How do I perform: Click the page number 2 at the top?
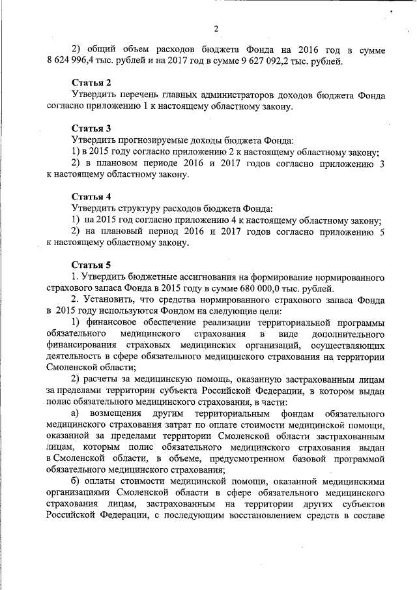pos(215,27)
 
